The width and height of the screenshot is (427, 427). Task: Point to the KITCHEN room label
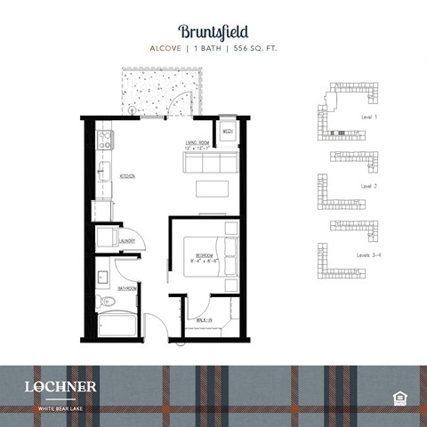point(128,176)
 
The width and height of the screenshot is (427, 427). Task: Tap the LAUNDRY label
point(127,240)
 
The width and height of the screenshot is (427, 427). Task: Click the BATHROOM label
point(127,288)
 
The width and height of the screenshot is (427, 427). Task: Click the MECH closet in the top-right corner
point(228,132)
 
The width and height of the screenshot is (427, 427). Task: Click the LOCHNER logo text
point(60,386)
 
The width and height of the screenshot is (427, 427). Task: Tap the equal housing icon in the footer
point(398,396)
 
